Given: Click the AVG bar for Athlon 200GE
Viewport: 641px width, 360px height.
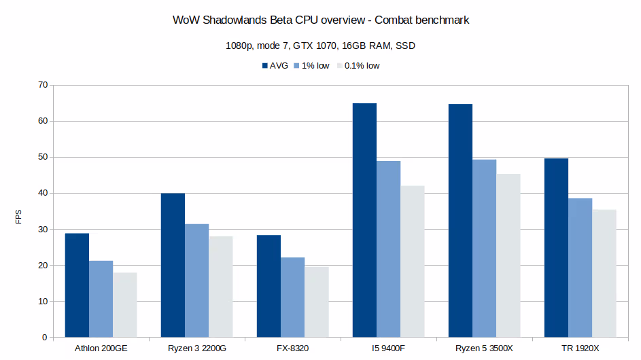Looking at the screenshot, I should pos(77,285).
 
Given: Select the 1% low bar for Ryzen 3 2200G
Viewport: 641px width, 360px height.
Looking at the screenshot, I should pos(196,281).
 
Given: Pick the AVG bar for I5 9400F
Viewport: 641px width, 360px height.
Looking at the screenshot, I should pos(364,220).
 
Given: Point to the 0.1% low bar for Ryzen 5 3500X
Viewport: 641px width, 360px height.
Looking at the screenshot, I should pos(508,255).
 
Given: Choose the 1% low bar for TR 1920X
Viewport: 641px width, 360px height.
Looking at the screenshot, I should pos(580,268).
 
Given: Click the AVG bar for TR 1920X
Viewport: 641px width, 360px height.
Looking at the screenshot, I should pos(556,248).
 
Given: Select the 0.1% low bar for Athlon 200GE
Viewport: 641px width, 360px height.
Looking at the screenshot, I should pos(125,305).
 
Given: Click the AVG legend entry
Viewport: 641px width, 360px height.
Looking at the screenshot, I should pos(275,66).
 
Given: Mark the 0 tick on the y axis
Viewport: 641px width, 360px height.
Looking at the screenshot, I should pos(44,338).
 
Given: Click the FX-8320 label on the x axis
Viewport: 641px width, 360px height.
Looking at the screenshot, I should pos(292,348).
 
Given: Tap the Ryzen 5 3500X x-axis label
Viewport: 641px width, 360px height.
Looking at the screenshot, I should pos(484,348).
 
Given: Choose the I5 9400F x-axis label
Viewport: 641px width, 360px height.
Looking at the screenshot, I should pos(388,348).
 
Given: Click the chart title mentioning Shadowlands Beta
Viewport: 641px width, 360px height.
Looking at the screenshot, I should pos(321,20).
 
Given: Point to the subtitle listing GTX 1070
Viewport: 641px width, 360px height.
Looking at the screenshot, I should pos(321,47).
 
